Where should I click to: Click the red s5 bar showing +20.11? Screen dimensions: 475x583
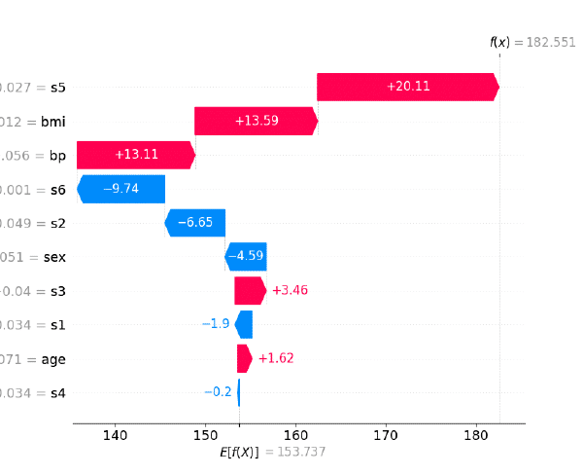(x=407, y=87)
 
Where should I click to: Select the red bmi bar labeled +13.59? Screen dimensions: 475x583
(x=256, y=121)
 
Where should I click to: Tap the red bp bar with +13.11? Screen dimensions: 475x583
(x=135, y=155)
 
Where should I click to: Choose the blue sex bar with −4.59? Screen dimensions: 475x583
(x=246, y=257)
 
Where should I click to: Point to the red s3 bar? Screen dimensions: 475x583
(x=250, y=291)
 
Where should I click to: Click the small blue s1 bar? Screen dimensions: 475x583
(x=244, y=324)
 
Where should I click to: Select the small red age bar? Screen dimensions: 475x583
(x=244, y=358)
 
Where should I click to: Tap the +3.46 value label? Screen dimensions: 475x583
(x=290, y=291)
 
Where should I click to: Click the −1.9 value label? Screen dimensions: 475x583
(x=216, y=324)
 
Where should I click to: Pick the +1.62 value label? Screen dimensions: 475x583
(x=275, y=358)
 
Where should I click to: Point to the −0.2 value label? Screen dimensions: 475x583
(x=218, y=392)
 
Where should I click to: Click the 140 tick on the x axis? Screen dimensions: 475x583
(x=116, y=434)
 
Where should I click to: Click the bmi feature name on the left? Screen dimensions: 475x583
(x=51, y=121)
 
